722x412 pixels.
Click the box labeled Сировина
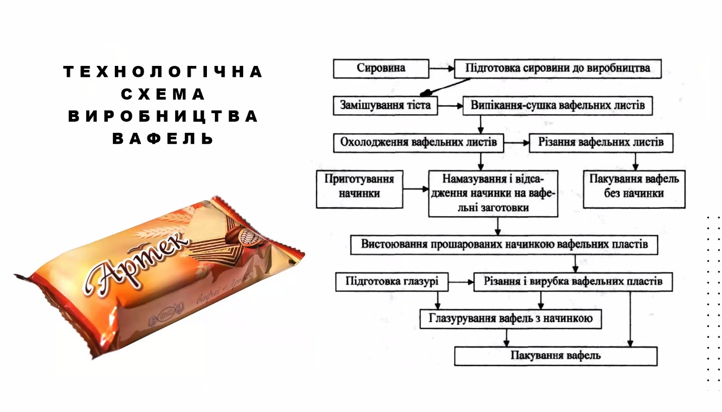tap(381, 68)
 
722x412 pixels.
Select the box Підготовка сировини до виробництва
tap(558, 68)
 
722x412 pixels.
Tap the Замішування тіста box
tap(385, 106)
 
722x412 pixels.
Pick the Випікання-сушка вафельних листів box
tap(558, 106)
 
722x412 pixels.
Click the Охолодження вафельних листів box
tap(418, 143)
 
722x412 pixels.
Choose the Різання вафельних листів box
tap(601, 143)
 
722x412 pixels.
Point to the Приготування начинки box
tap(359, 190)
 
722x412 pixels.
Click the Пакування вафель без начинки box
tap(634, 190)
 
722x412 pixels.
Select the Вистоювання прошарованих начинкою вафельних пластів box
tap(504, 245)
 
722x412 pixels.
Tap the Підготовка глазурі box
tap(392, 282)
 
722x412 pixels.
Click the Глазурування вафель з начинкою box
tap(511, 319)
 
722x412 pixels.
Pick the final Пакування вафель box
tap(556, 356)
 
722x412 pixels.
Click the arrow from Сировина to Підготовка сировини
tap(442, 68)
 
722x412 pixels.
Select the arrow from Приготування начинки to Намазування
tap(416, 189)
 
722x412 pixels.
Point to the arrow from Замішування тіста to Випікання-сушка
tap(450, 106)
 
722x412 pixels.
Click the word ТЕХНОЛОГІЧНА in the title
tap(163, 71)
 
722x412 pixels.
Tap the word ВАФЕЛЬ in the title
tap(163, 138)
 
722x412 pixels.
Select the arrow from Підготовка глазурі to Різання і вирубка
tap(461, 282)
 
